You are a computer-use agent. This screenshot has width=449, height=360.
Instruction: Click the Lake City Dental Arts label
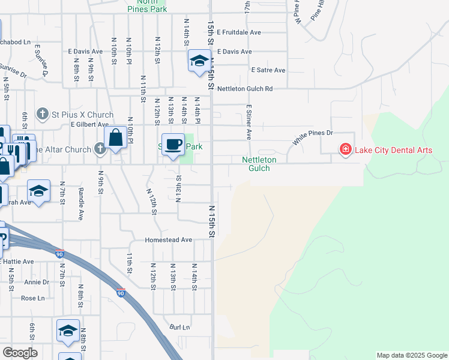393,149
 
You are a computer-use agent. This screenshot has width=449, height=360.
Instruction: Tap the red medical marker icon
345,149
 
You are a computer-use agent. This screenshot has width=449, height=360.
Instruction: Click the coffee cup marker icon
173,145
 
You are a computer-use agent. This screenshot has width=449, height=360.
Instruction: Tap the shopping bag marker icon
116,137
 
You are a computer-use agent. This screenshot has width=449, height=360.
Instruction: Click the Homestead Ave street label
168,240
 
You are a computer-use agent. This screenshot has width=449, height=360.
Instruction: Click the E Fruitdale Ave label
239,32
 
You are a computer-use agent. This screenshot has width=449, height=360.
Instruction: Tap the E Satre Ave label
268,70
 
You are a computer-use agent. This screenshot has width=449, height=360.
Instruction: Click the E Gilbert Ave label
89,125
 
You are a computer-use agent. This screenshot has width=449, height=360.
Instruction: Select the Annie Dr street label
37,282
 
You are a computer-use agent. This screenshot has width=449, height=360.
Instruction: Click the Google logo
20,353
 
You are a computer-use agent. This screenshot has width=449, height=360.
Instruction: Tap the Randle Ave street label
81,203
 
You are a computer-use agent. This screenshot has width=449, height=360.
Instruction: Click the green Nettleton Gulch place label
259,164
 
